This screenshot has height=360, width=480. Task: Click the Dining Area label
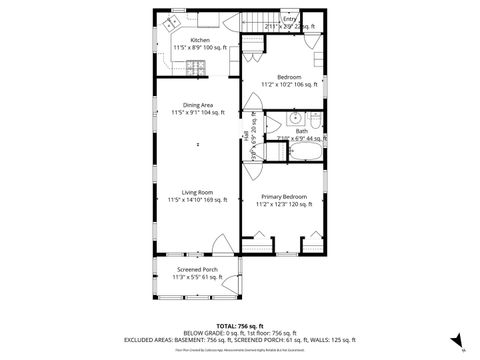point(197,105)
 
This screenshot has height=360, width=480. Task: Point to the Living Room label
point(197,193)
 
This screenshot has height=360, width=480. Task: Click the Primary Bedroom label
point(284,197)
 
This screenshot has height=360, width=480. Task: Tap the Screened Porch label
point(197,270)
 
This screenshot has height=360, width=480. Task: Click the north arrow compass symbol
point(456,340)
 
